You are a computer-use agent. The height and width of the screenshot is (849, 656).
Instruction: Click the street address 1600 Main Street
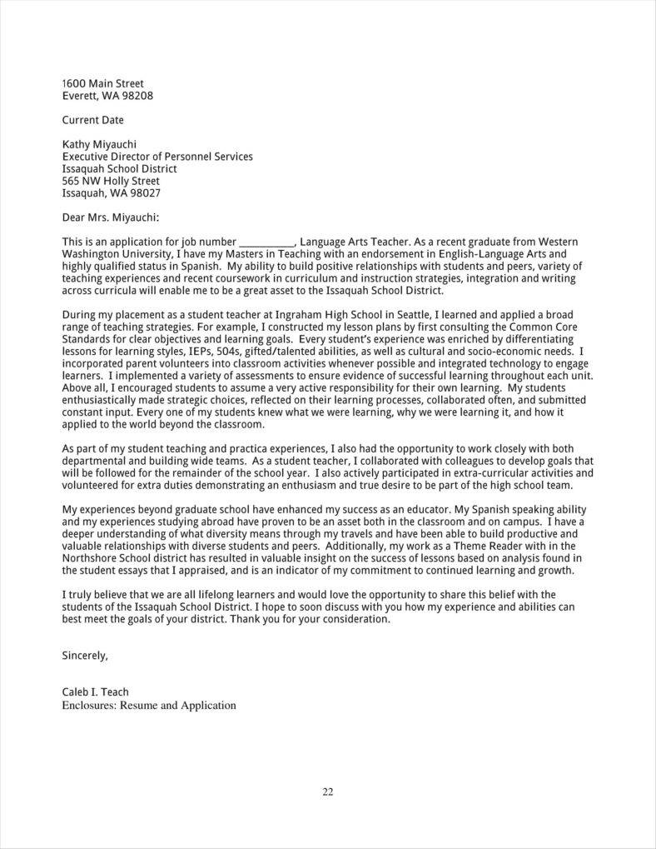coord(103,83)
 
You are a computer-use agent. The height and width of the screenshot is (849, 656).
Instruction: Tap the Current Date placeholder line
coord(92,120)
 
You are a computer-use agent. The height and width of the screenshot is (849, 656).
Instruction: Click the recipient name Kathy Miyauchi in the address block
coord(99,144)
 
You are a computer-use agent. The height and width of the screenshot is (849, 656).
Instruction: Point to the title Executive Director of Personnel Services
coord(157,157)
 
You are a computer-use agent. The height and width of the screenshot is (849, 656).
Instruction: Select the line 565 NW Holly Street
coord(111,181)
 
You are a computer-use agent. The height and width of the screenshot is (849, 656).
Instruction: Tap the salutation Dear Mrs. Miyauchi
coord(110,217)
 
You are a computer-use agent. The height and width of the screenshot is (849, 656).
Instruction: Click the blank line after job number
coord(266,242)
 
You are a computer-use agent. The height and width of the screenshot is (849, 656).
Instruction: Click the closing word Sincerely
coord(84,656)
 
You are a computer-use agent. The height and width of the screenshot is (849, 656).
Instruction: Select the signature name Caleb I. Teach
coord(95,692)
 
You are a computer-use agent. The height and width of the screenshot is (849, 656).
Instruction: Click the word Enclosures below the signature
coord(88,706)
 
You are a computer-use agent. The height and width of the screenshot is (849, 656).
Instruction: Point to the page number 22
coord(327,792)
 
